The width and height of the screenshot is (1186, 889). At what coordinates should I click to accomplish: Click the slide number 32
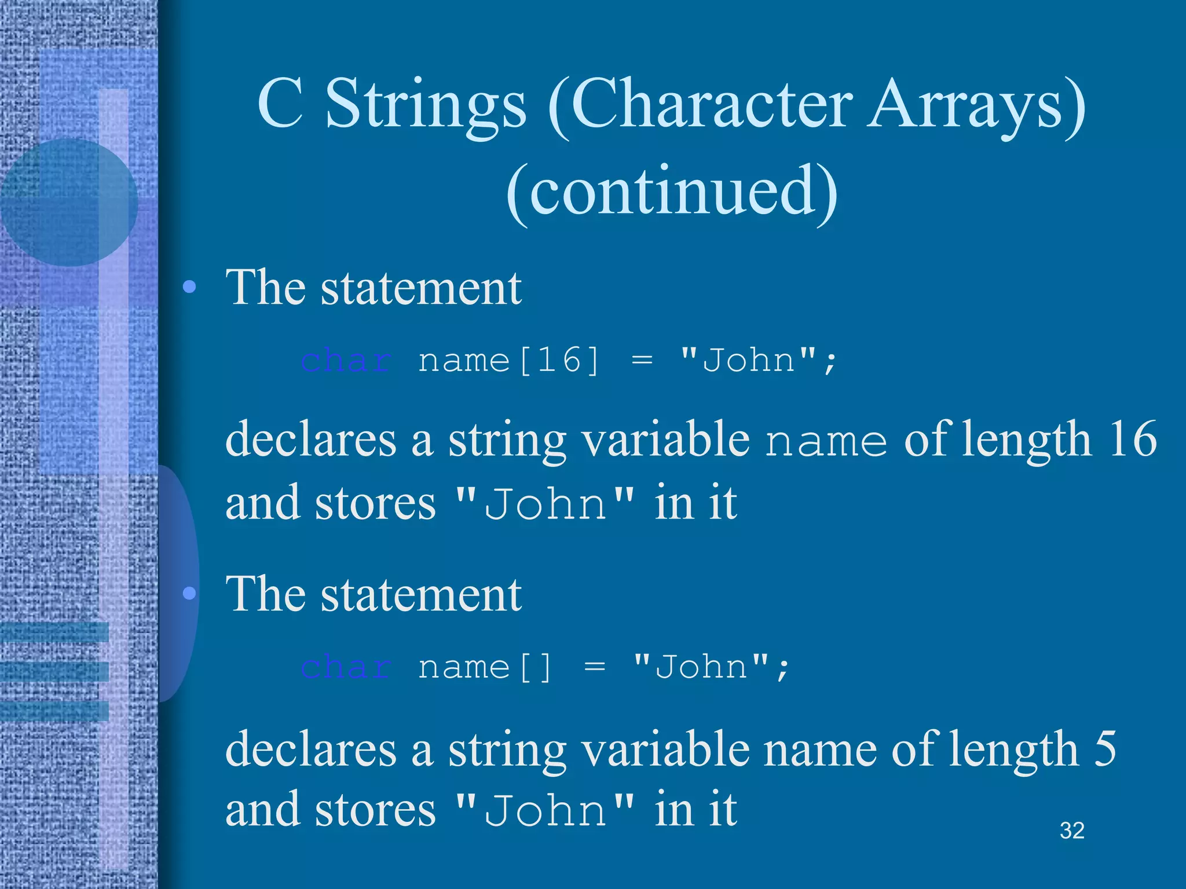pyautogui.click(x=1072, y=831)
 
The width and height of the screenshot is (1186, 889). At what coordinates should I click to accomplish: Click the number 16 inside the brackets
pyautogui.click(x=559, y=360)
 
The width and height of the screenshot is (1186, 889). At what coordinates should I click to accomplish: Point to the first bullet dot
pyautogui.click(x=189, y=287)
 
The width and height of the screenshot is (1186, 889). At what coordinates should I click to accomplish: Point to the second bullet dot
pyautogui.click(x=189, y=593)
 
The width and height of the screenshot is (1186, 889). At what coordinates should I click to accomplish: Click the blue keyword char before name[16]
pyautogui.click(x=346, y=360)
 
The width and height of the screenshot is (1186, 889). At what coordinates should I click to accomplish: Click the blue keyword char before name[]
pyautogui.click(x=346, y=667)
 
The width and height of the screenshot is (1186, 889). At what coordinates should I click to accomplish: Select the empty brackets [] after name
pyautogui.click(x=536, y=667)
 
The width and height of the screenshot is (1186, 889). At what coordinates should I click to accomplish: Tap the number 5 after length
pyautogui.click(x=1105, y=747)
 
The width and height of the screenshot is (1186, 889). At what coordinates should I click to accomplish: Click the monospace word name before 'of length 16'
pyautogui.click(x=826, y=441)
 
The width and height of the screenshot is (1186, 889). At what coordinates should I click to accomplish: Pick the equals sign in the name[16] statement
pyautogui.click(x=642, y=360)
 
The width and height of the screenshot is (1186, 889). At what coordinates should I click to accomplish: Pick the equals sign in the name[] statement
pyautogui.click(x=595, y=667)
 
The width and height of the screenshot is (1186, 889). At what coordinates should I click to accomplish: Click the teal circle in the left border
pyautogui.click(x=68, y=202)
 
